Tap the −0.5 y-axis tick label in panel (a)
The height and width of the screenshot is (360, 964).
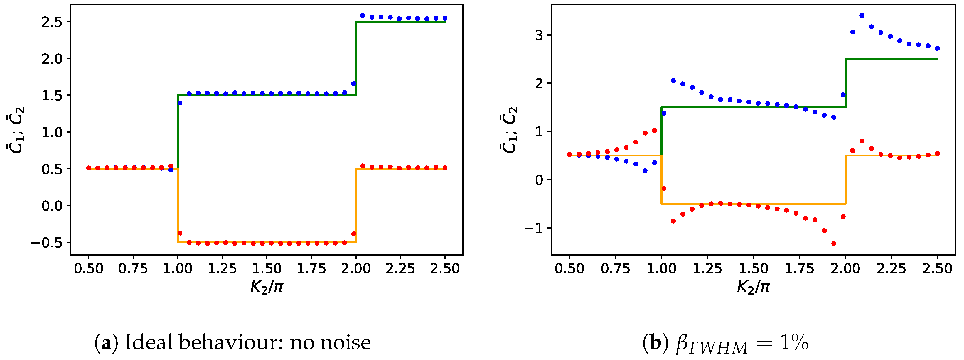click(x=47, y=243)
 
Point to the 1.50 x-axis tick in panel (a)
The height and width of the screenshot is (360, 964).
click(x=267, y=268)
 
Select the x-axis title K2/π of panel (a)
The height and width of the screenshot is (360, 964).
click(x=267, y=287)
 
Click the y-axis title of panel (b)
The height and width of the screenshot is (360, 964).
click(x=508, y=130)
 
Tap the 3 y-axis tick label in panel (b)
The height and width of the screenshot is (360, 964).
click(x=539, y=35)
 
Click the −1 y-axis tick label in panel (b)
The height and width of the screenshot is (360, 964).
click(x=533, y=228)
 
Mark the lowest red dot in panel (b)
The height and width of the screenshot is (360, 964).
click(x=833, y=244)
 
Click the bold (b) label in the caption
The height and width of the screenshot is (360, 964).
click(x=655, y=342)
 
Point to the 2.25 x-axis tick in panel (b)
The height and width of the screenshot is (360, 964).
click(x=891, y=268)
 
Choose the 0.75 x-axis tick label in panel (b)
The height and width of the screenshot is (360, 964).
click(x=615, y=268)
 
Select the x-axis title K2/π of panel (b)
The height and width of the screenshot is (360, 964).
click(x=753, y=287)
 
